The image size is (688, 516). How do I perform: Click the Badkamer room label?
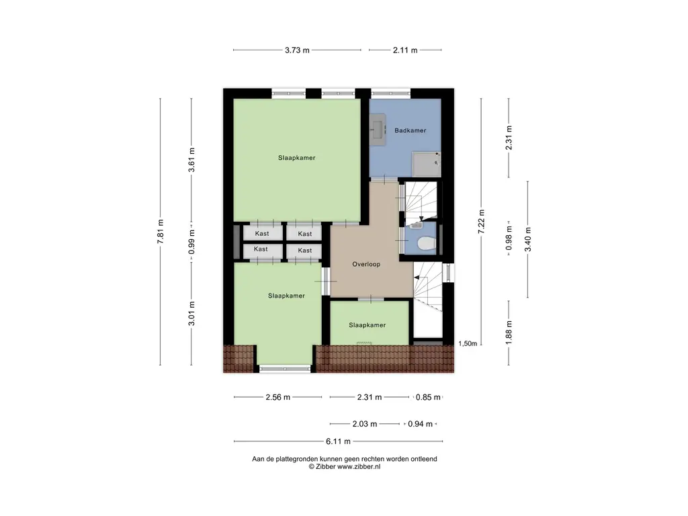coord(410,130)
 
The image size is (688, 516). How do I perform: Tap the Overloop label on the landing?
coord(366,264)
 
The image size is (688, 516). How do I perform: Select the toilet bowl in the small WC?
coord(423,244)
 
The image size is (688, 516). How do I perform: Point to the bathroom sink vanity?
coord(377,130)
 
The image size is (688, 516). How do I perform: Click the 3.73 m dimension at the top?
coord(296,50)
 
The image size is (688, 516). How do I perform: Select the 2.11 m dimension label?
coord(405,50)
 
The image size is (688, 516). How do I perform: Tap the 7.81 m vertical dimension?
coord(161,232)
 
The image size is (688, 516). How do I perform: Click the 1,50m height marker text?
coord(468,343)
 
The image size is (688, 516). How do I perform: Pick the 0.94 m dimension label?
coord(420,424)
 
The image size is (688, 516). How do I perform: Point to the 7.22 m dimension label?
coord(481,222)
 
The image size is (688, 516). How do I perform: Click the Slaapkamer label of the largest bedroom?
coord(297,158)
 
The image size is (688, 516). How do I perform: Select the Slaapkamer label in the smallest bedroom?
coord(368,325)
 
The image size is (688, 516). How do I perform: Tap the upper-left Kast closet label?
coord(261,234)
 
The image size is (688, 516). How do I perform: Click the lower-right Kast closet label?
coord(305,251)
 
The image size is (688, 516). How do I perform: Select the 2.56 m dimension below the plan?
coord(277,397)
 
